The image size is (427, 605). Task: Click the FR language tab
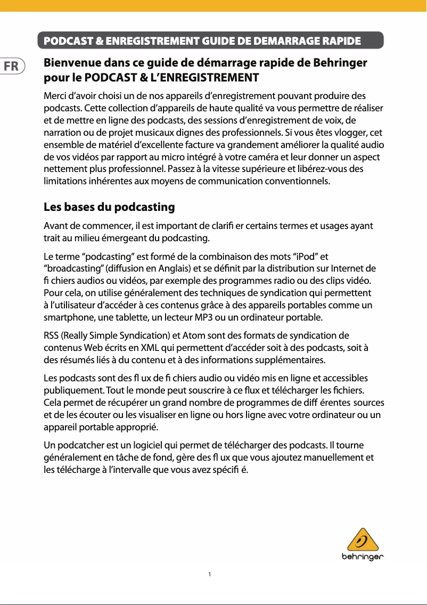tap(11, 67)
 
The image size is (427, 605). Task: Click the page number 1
tap(210, 574)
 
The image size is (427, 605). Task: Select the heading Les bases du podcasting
tap(109, 207)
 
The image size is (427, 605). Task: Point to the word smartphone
tap(67, 318)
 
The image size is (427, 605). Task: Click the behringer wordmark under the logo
tap(363, 558)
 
